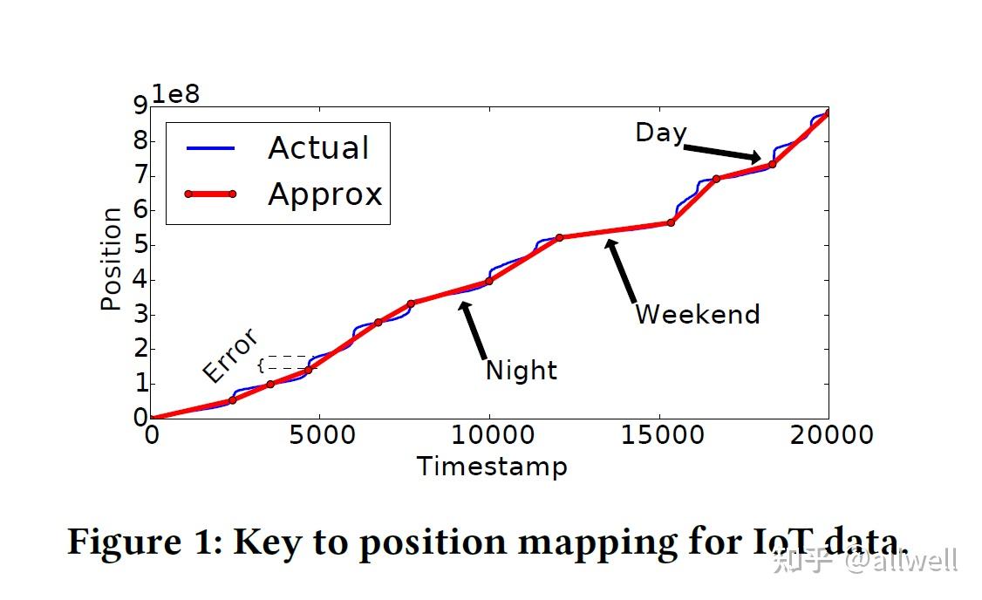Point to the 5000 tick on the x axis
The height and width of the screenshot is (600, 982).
pos(320,434)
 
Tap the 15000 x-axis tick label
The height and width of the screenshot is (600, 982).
pos(659,434)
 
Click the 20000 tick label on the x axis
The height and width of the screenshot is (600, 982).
pos(829,434)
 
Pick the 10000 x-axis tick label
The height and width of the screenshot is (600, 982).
pos(489,434)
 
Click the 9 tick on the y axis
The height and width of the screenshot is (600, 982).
pos(140,106)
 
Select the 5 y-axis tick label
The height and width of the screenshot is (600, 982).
pos(140,245)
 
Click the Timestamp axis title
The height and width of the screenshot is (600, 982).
pos(492,467)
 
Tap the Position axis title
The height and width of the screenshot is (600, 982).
pos(111,259)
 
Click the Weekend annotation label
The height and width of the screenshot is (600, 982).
pos(697,314)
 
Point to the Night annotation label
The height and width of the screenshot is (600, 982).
pos(521,371)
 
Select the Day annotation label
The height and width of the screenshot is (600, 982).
pos(660,133)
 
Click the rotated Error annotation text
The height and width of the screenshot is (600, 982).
pos(230,355)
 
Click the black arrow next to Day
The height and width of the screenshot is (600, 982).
pos(723,153)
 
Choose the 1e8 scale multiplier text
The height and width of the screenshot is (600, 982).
pos(176,92)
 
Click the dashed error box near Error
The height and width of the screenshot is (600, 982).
pos(288,363)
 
